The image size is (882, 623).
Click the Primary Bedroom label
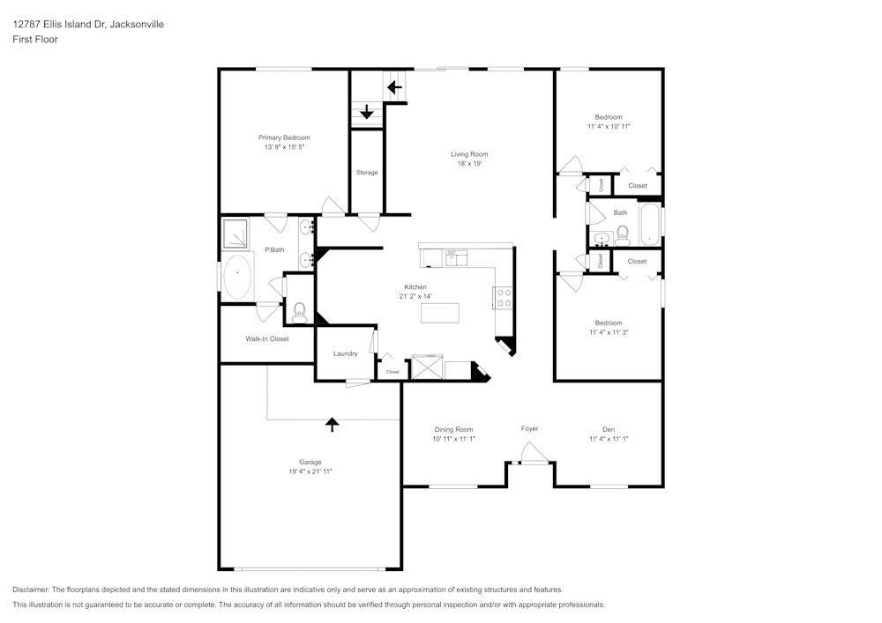click(284, 137)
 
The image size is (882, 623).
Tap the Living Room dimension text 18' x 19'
click(469, 164)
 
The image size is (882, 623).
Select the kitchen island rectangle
click(440, 312)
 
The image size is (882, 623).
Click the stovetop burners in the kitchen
click(504, 298)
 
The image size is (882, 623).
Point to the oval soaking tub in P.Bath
click(237, 276)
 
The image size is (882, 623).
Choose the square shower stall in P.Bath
click(236, 232)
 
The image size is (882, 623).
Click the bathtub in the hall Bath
click(650, 225)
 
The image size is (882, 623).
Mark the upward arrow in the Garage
click(332, 424)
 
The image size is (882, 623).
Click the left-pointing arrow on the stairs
click(394, 87)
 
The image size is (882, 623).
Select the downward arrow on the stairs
click(367, 112)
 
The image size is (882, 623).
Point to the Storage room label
click(367, 173)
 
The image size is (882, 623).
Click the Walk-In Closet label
click(266, 338)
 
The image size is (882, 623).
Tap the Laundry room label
click(345, 353)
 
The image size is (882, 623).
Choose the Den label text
click(609, 429)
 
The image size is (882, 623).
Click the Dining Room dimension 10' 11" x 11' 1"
click(453, 439)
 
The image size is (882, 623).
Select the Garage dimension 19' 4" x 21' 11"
click(310, 471)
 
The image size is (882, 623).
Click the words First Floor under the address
click(35, 40)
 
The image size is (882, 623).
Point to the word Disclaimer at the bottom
click(32, 590)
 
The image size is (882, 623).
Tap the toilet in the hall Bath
click(623, 234)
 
